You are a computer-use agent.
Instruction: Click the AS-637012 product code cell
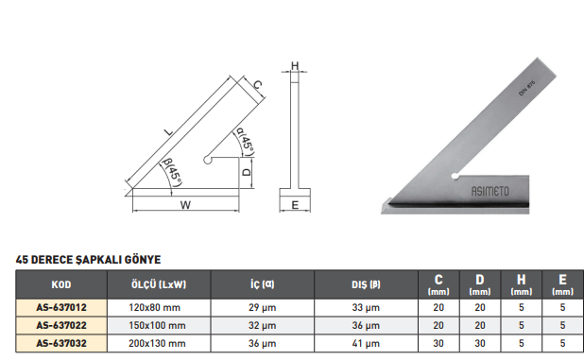(61, 307)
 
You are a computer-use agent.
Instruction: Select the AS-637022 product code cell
(61, 325)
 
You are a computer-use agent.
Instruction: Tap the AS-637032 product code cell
(61, 343)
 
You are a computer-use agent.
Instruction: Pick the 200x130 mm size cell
(157, 343)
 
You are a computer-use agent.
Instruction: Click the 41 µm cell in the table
(366, 343)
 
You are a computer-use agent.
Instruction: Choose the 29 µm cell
(262, 307)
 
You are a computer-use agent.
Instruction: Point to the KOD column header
(61, 284)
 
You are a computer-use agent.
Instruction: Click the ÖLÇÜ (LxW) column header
(159, 284)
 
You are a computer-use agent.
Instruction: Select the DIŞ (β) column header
(366, 284)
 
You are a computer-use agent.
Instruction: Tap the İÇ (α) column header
(262, 284)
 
